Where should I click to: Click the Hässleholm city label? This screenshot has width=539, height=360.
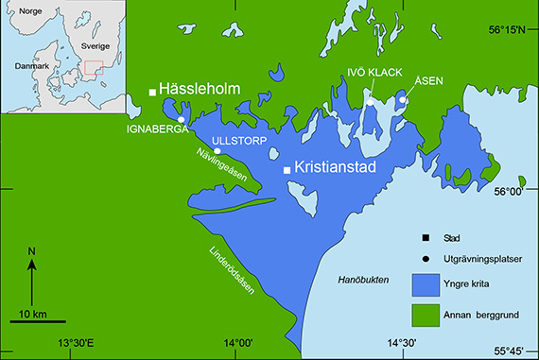tap(200, 89)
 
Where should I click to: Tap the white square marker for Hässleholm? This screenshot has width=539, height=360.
tap(152, 92)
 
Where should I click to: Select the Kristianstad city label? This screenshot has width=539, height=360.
tap(337, 168)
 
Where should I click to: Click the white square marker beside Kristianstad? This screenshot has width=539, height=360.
tap(287, 170)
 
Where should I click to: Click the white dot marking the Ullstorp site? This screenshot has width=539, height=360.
tap(217, 150)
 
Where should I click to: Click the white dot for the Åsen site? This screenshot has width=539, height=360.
tap(402, 99)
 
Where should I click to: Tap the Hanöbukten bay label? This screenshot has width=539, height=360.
tap(364, 281)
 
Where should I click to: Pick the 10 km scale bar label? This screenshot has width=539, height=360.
tap(32, 313)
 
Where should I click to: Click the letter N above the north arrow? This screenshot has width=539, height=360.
tap(31, 250)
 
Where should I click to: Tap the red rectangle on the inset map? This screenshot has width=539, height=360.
tap(92, 69)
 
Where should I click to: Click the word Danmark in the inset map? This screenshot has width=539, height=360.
tap(32, 67)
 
